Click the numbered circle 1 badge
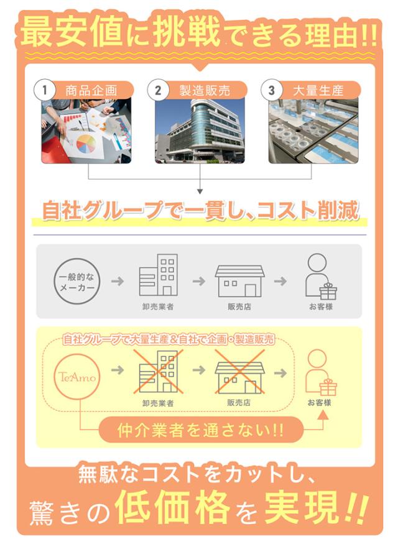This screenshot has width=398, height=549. (45, 90)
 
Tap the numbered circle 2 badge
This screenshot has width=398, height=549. (158, 90)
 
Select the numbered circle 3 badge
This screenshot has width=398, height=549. (271, 90)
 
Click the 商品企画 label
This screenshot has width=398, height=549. (91, 90)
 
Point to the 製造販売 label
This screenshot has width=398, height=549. (204, 90)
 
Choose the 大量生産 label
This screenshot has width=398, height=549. (318, 90)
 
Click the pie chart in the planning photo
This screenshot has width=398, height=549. (86, 142)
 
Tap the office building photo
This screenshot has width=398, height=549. (200, 131)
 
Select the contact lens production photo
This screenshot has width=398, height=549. (313, 131)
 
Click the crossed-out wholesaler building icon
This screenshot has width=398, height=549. (157, 372)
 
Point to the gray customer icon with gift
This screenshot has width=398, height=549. (320, 277)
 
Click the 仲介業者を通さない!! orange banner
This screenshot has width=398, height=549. (200, 430)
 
